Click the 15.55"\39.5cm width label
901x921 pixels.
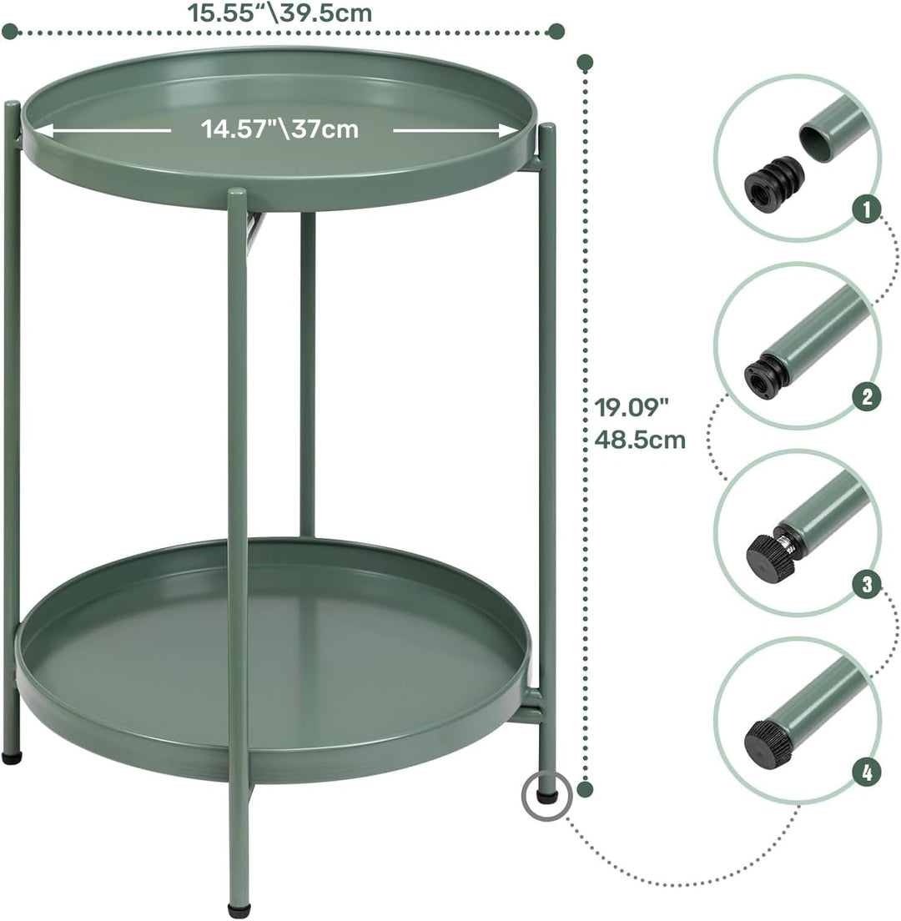point(279,13)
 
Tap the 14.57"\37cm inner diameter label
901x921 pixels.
point(279,128)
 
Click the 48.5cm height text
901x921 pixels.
point(640,440)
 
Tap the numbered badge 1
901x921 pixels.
point(868,211)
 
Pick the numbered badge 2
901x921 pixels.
point(868,397)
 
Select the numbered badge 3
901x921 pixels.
point(868,585)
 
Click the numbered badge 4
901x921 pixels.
point(868,772)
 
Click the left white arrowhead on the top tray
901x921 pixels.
point(42,129)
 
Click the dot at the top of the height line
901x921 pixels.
point(586,61)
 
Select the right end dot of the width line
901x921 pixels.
point(556,32)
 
